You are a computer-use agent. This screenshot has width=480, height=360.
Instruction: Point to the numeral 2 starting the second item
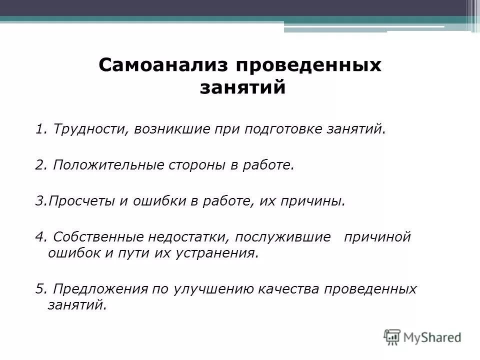tap(39, 165)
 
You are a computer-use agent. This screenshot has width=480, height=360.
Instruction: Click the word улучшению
tap(208, 289)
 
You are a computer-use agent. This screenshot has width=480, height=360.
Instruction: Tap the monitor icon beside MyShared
tap(392, 336)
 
